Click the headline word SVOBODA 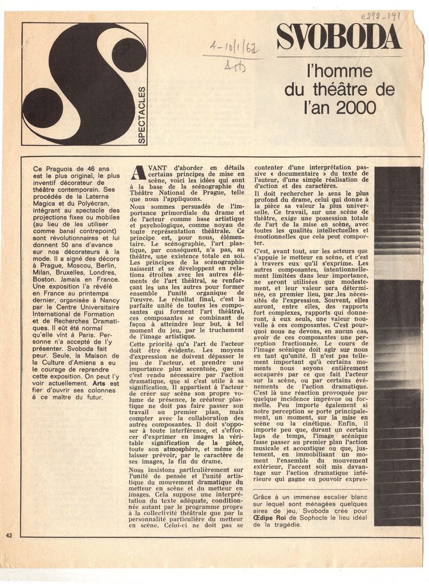pos(339,38)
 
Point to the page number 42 pos(9,535)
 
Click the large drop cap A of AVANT pos(137,173)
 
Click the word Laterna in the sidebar pos(98,197)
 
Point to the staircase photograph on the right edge pos(398,346)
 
